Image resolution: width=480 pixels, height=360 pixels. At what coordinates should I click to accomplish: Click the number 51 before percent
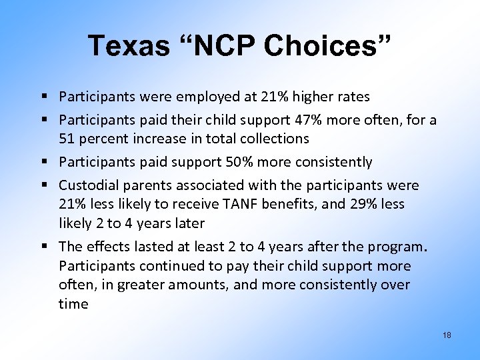[66, 139]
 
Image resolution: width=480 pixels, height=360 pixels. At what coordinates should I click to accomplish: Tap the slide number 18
[447, 335]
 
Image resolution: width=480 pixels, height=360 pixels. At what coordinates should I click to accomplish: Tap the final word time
[73, 304]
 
